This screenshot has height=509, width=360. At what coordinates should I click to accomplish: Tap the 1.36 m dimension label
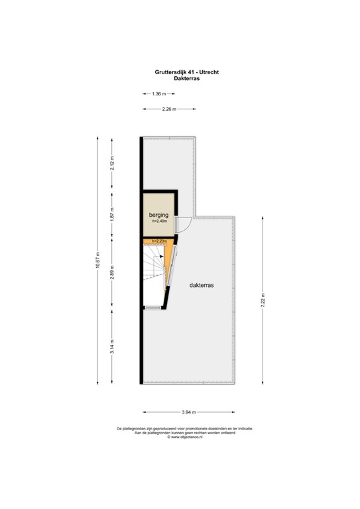(x=159, y=94)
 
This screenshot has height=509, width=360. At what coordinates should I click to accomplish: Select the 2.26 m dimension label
(x=169, y=109)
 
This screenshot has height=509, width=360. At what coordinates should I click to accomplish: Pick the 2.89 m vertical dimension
(x=113, y=272)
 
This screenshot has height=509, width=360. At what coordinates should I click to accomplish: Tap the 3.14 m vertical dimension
(x=113, y=346)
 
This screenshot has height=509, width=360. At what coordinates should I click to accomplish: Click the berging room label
(x=158, y=215)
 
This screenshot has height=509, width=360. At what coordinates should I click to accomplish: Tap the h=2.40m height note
(x=158, y=222)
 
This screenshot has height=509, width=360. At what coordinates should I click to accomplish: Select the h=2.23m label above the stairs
(x=159, y=241)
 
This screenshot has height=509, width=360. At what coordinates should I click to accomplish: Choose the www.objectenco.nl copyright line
(x=180, y=437)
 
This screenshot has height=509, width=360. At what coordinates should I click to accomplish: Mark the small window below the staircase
(x=152, y=308)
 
